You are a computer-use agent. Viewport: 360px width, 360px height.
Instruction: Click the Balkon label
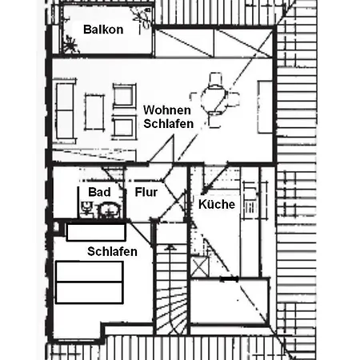pos(103,30)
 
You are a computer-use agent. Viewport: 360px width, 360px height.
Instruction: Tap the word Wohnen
pos(167,110)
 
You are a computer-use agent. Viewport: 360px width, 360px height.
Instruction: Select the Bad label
pos(99,192)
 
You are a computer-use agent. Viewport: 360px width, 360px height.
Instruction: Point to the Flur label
pos(146,192)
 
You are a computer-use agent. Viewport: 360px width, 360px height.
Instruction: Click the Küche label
pos(217,204)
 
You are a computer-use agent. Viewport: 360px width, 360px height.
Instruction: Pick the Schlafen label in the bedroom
pos(112,251)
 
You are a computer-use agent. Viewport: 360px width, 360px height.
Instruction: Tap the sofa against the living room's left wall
pos(65,110)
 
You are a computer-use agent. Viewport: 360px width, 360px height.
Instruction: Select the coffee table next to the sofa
pos(94,112)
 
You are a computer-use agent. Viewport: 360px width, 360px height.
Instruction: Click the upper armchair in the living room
pos(124,96)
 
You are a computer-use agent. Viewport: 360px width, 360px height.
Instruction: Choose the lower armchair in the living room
pos(124,128)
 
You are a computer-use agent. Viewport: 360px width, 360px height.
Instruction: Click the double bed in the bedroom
pos(90,282)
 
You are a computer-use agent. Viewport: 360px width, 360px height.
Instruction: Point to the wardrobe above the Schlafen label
pos(96,232)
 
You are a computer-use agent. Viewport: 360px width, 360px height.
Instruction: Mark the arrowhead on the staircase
pos(170,248)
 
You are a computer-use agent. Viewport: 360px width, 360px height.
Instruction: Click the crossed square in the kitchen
pos(199,266)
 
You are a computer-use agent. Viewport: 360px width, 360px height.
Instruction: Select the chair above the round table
pos(215,80)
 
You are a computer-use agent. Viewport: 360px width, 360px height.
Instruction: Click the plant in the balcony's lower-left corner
pos(70,45)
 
